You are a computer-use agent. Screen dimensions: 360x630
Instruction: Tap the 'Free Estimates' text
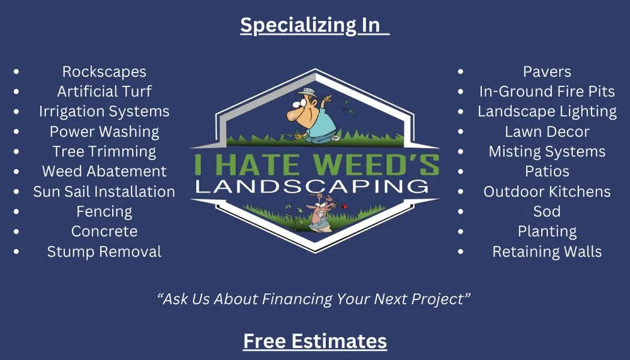315,341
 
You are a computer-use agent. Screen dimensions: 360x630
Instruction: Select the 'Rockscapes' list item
104,72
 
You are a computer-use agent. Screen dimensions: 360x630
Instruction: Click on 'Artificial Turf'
104,91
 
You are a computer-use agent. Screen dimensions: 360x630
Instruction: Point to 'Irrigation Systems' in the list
104,112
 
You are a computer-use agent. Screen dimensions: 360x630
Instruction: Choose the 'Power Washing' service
104,132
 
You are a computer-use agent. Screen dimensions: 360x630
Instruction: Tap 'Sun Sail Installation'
104,192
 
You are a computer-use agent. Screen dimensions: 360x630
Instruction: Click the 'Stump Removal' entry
104,252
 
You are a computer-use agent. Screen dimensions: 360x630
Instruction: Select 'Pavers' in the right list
547,72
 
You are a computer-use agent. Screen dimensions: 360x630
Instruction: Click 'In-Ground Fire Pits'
547,91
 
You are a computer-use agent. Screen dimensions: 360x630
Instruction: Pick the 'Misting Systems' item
547,152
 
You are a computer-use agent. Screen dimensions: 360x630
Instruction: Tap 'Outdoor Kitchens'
547,192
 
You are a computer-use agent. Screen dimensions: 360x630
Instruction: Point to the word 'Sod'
547,211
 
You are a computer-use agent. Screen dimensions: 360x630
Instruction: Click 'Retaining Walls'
547,252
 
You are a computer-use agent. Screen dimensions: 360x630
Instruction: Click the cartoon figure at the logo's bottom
316,214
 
